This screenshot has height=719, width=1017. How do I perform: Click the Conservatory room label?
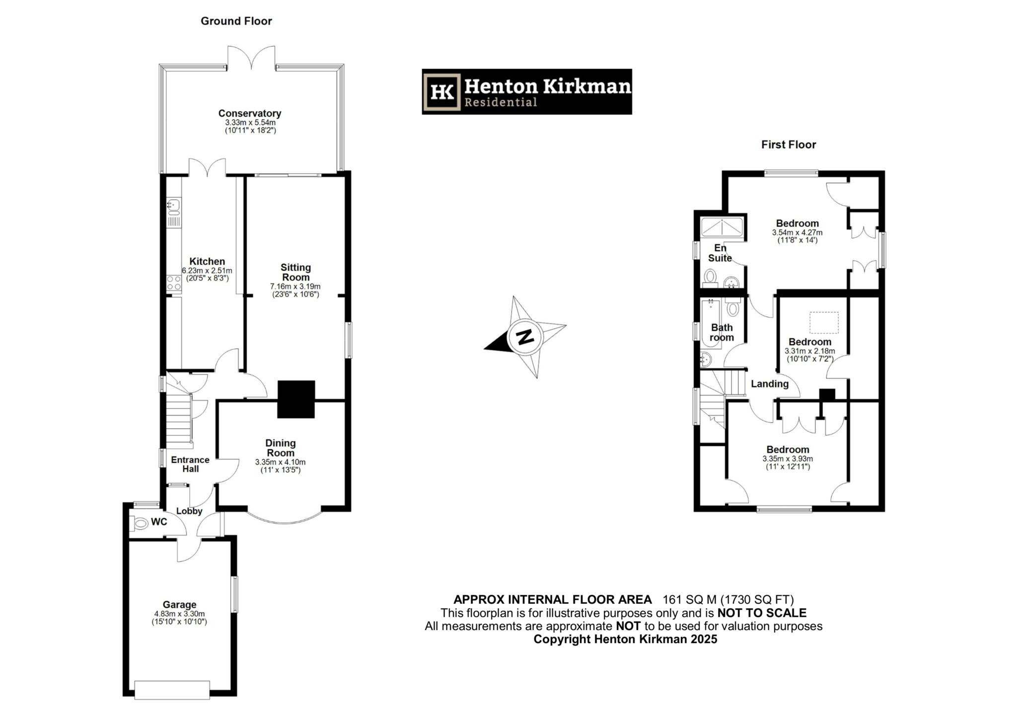point(250,113)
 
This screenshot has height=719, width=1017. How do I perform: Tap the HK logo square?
point(441,92)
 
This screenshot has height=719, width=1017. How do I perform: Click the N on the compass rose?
point(524,337)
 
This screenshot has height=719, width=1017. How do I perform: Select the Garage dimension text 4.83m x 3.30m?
point(179,614)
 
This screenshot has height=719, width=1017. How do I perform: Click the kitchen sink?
point(174,204)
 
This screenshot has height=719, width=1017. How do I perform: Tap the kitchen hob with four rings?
point(174,283)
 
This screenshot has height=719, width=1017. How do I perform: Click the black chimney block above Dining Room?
point(296,399)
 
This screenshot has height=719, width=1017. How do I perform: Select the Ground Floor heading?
point(236,21)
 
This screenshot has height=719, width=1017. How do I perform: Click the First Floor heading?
point(789,144)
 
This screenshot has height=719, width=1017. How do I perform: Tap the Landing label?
point(769,384)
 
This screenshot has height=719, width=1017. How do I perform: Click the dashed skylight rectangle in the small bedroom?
point(824,322)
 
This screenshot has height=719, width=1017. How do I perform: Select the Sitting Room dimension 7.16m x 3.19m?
point(295,287)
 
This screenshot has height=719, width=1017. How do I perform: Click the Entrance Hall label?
point(190,464)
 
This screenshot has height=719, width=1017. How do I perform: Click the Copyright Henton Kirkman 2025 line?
point(625,639)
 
